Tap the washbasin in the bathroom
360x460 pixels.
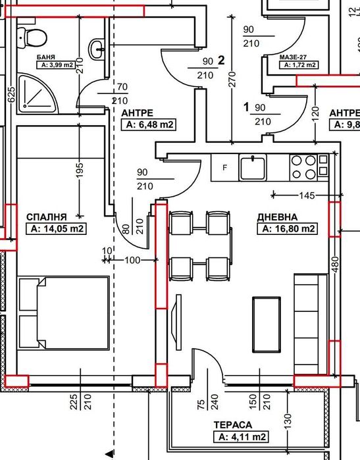97,49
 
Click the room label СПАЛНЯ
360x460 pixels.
47,217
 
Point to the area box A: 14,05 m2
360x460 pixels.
56,228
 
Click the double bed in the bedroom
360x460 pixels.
64,313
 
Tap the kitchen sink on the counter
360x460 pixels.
253,168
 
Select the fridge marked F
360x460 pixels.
224,168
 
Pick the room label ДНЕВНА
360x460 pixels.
277,217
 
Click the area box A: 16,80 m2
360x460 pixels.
287,228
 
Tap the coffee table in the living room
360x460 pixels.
267,324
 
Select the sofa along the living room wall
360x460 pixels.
311,324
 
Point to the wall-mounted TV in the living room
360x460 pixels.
178,322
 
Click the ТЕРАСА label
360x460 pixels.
233,425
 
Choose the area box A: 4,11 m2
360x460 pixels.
241,437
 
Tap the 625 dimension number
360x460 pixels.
11,95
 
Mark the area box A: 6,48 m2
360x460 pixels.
149,124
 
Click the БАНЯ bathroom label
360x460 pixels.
46,57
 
